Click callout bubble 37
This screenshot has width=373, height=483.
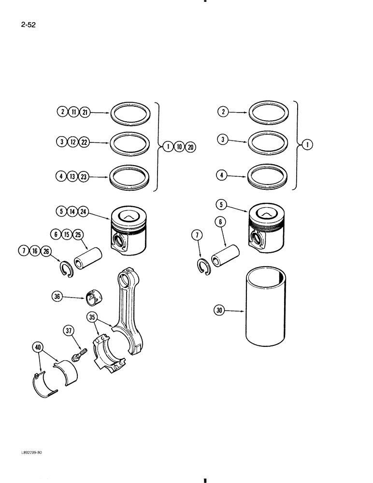coord(69,331)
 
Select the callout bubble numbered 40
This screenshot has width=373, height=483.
coord(38,347)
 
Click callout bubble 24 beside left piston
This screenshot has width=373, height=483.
coord(83,211)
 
